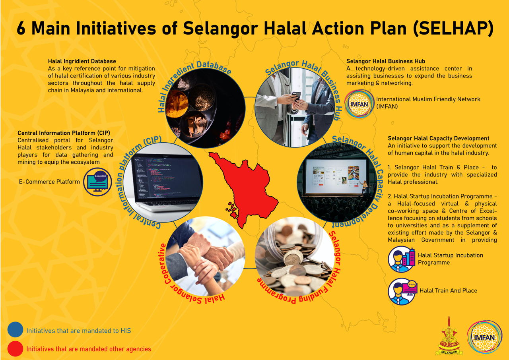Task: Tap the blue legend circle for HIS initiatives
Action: coord(15,329)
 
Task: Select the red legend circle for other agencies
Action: coord(15,348)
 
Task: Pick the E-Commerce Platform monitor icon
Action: coord(97,182)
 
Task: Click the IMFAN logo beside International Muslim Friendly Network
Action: coord(359,104)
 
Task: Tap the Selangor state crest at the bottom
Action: coord(449,336)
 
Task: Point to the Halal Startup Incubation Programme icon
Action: coord(402,259)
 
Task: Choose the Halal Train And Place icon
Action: coord(402,291)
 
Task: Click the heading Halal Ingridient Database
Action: coord(82,61)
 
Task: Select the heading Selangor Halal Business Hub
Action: coord(386,61)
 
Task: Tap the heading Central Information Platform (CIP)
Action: coord(64,133)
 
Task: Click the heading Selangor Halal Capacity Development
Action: coord(439,138)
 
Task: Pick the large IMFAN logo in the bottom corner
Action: coord(484,337)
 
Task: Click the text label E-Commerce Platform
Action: coord(49,182)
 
